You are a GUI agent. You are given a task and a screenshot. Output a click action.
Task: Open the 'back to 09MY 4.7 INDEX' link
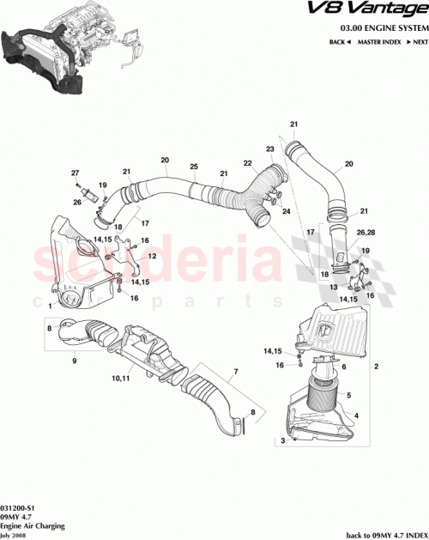coord(383,532)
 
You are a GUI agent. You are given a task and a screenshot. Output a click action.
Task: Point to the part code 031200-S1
coord(18,507)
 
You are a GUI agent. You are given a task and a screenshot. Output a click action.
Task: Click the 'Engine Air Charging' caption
coord(27,525)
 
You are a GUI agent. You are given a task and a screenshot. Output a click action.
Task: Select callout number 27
coord(75,174)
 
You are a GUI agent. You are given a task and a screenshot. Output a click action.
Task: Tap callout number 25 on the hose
coord(194,165)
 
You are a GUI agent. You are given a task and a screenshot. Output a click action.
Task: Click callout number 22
coord(246,163)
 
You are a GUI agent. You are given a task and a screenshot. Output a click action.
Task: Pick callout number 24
coord(287,210)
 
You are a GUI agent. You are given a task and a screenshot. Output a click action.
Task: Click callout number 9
coord(75,361)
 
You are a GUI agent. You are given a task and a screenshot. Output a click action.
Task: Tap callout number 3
coord(280,440)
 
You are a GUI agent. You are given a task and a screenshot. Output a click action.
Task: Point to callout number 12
coord(151,257)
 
